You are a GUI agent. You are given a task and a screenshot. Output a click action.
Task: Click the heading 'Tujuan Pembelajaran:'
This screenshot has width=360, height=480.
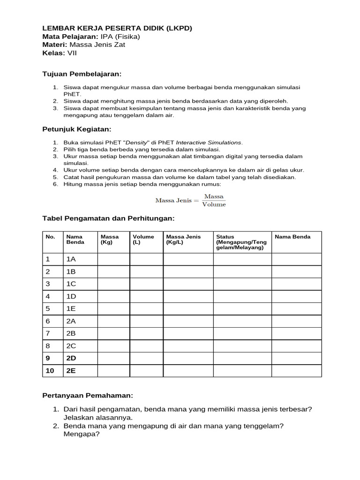pos(82,74)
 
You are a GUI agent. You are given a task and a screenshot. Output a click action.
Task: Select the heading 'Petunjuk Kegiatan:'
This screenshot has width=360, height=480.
pos(77,129)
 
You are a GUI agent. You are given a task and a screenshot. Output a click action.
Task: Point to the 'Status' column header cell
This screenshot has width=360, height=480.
pos(242,242)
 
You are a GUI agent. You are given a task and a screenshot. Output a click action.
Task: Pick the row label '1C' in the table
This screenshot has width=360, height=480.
pos(71,284)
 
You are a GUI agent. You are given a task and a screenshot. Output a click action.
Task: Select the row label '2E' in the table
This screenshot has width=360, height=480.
pos(71,370)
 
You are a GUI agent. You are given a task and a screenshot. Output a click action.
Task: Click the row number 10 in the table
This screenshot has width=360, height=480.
pos(50,370)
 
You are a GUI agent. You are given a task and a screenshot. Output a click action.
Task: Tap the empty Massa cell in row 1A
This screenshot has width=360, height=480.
pos(113,259)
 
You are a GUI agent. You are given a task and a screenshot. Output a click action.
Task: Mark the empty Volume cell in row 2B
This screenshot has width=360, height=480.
pos(146,333)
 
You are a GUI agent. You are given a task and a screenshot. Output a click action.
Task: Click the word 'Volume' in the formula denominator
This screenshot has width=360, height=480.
pos(214,204)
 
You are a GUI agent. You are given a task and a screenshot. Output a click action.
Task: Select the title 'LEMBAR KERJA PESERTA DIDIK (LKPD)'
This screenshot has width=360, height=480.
pos(117,28)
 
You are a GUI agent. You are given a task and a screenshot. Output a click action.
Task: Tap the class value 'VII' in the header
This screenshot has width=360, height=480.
pos(73,53)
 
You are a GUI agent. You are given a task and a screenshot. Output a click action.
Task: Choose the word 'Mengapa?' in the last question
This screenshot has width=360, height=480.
pos(82,434)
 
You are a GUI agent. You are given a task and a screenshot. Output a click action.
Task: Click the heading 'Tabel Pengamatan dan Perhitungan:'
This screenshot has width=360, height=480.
pos(108,218)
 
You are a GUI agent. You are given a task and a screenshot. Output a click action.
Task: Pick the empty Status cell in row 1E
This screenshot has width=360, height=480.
pos(242,308)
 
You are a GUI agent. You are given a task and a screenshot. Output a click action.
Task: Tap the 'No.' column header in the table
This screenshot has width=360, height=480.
pos(50,237)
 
